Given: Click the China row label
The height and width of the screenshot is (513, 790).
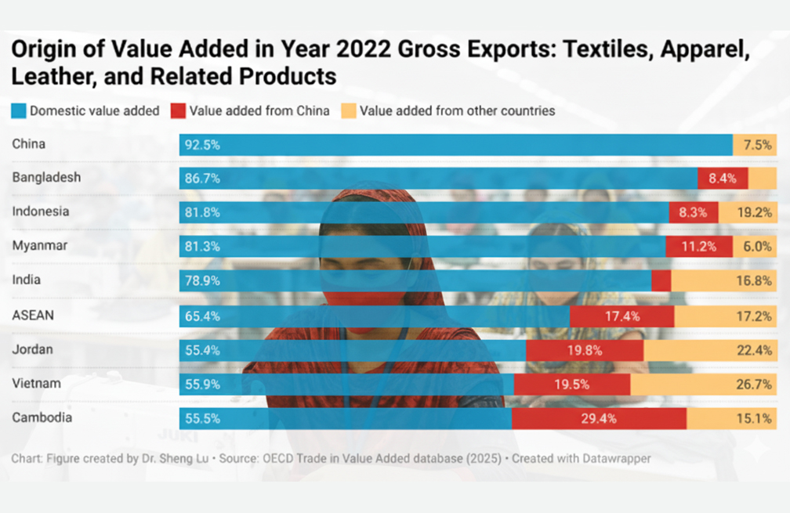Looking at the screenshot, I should [x=29, y=144].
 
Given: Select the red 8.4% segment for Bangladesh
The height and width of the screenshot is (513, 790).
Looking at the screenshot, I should [x=722, y=179].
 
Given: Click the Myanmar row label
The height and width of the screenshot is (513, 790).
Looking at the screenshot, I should [x=40, y=246].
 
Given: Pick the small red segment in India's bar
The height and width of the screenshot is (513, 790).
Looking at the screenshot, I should [x=661, y=280].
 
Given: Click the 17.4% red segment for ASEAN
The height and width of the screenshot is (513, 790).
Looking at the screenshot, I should [x=622, y=316].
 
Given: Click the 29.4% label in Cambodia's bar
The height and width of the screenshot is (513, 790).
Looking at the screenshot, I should [x=599, y=418].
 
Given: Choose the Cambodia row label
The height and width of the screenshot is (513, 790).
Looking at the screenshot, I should [x=42, y=418].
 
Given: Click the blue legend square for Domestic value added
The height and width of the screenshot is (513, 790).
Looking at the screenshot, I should [x=19, y=111].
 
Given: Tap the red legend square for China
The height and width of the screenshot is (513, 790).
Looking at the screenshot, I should [x=178, y=111].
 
